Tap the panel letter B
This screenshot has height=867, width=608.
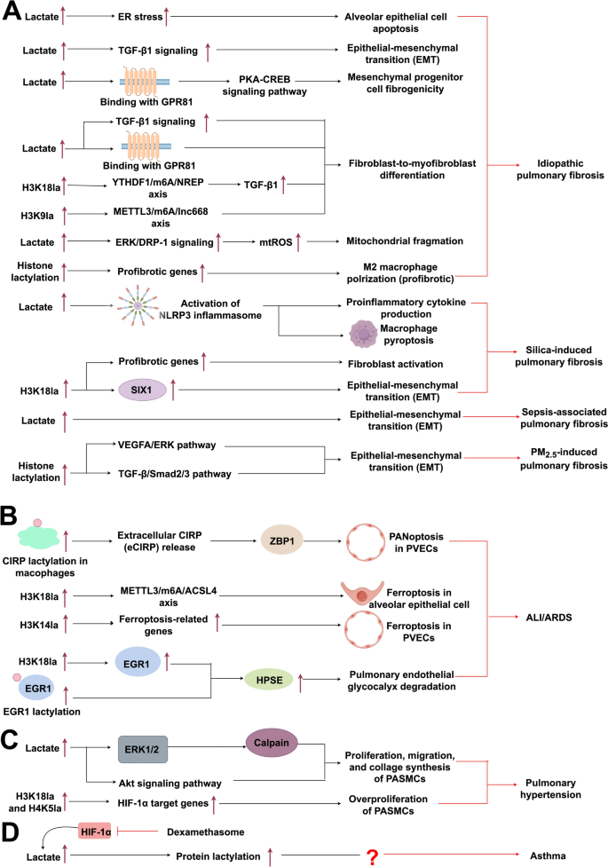click(x=11, y=514)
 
